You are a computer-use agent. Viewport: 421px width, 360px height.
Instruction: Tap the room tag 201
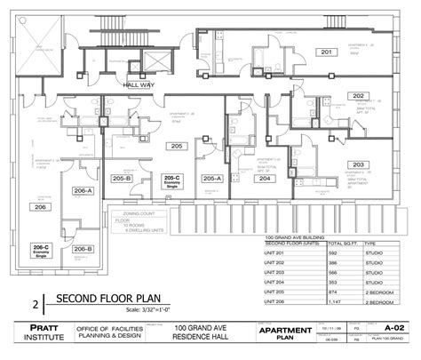326,52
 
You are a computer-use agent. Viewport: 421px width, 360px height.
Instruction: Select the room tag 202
357,96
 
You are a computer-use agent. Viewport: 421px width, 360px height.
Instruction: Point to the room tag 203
357,164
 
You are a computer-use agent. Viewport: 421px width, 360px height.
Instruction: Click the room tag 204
265,179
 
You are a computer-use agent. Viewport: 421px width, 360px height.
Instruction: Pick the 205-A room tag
211,179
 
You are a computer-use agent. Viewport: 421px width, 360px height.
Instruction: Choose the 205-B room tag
122,179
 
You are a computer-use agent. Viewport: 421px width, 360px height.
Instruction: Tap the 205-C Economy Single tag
172,180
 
